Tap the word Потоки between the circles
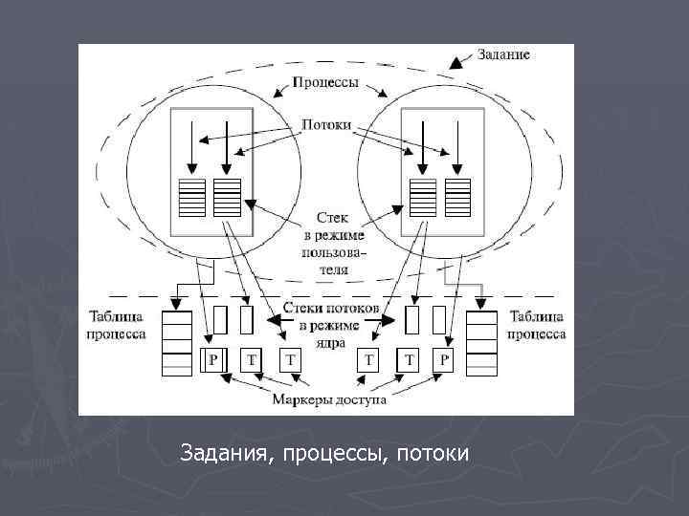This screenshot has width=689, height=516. coord(325,124)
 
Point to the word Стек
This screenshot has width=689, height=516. coord(326,219)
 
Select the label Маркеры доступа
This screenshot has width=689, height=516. coord(328,399)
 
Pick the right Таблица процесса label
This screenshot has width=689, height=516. coord(536,326)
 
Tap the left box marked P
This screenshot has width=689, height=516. coord(213,359)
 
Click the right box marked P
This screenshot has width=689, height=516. coord(442,359)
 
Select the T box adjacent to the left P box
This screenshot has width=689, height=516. coord(251,359)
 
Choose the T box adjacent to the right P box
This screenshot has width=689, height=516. coord(409,359)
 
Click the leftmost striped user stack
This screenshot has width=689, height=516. coord(192,197)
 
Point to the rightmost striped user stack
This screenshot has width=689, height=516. coord(458,197)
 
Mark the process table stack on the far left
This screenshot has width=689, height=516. coord(178,342)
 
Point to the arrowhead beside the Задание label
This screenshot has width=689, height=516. coord(456,63)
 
